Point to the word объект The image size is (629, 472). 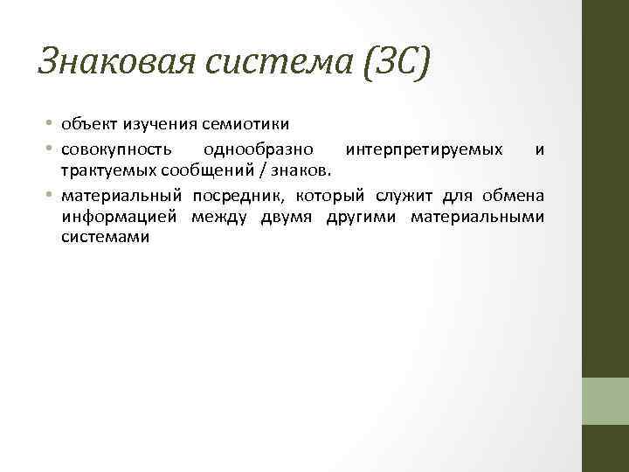[86, 127]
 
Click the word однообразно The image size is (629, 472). [264, 149]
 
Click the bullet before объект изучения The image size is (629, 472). [52, 128]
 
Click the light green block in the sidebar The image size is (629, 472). [605, 401]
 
